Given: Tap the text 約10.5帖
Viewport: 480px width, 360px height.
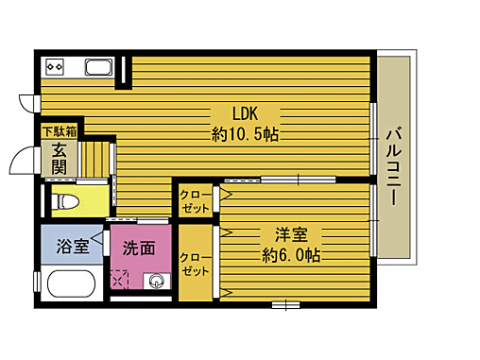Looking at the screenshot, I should [x=244, y=133].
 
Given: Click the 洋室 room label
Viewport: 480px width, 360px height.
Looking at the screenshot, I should [x=291, y=233].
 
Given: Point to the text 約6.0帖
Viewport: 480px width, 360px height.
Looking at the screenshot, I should [x=291, y=255].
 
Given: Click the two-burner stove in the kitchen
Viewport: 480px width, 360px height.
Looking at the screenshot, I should [x=54, y=67].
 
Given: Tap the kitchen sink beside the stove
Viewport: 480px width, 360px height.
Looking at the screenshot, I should [x=97, y=67].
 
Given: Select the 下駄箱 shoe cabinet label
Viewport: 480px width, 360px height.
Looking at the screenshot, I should [x=59, y=130].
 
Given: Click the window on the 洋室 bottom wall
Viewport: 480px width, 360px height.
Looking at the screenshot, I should [x=283, y=304].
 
